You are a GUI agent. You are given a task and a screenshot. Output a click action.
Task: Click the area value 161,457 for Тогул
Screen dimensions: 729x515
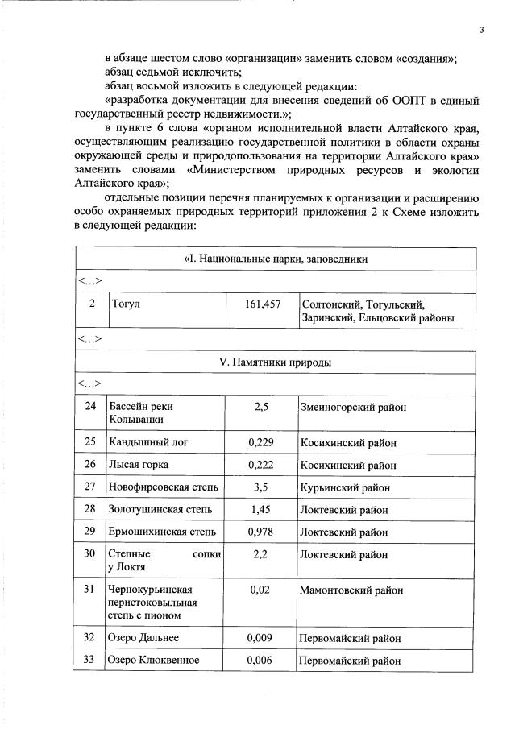tap(261, 304)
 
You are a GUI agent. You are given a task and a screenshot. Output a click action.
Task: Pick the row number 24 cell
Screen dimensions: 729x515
tap(90, 407)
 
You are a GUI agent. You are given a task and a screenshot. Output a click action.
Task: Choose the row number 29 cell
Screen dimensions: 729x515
tap(90, 532)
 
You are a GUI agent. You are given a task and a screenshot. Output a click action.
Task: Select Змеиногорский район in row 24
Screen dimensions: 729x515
tap(352, 407)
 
